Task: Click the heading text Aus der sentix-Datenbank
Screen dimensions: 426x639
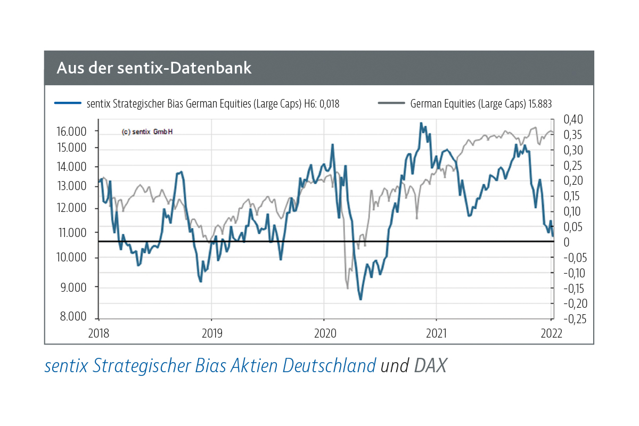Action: pos(154,68)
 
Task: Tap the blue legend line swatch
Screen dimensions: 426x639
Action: pos(68,103)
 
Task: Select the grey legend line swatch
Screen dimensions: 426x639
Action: pos(391,103)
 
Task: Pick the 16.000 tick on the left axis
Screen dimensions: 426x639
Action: pos(71,131)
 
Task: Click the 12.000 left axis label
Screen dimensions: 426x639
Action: pos(71,208)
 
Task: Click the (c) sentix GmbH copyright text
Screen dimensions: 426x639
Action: pos(147,132)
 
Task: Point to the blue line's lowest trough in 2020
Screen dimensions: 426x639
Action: pos(361,299)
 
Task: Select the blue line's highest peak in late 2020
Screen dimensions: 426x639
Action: pos(421,124)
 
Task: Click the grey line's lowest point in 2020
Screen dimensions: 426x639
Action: pos(348,288)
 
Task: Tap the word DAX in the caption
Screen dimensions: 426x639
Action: pos(430,366)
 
